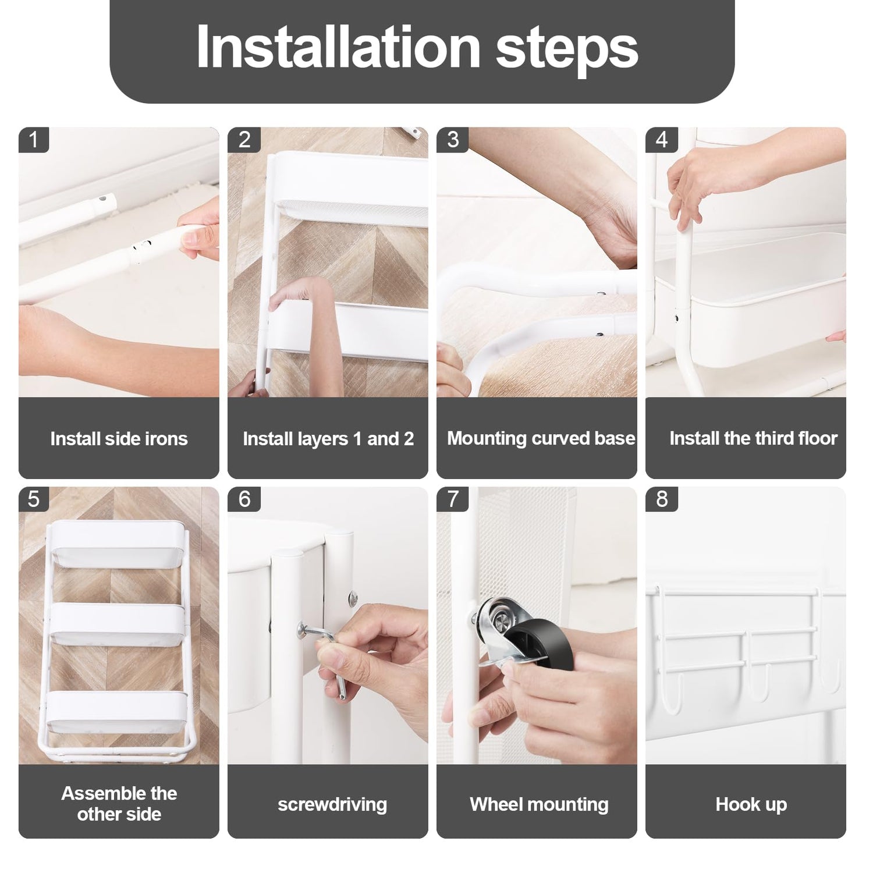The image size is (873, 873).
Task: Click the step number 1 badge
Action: pyautogui.click(x=34, y=140)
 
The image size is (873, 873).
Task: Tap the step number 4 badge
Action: pyautogui.click(x=661, y=140)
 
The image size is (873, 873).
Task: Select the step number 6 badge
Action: pyautogui.click(x=244, y=499)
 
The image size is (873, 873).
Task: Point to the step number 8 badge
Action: pyautogui.click(x=661, y=499)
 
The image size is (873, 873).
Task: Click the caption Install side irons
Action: pyautogui.click(x=119, y=438)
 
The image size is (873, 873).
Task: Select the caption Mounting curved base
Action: pyautogui.click(x=541, y=438)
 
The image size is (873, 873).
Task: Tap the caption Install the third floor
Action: pyautogui.click(x=753, y=438)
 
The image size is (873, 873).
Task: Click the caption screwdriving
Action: pyautogui.click(x=332, y=804)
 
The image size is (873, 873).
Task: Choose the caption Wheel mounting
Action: pyautogui.click(x=539, y=804)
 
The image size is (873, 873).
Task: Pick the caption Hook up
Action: pyautogui.click(x=751, y=804)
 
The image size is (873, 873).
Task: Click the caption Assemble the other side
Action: pyautogui.click(x=119, y=804)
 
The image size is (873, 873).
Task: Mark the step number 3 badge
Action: pyautogui.click(x=453, y=140)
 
